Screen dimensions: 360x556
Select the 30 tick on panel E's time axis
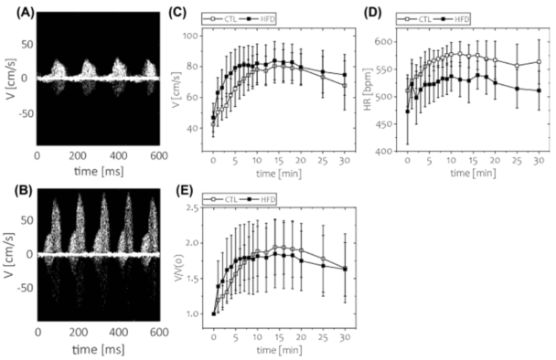(x=344, y=333)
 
